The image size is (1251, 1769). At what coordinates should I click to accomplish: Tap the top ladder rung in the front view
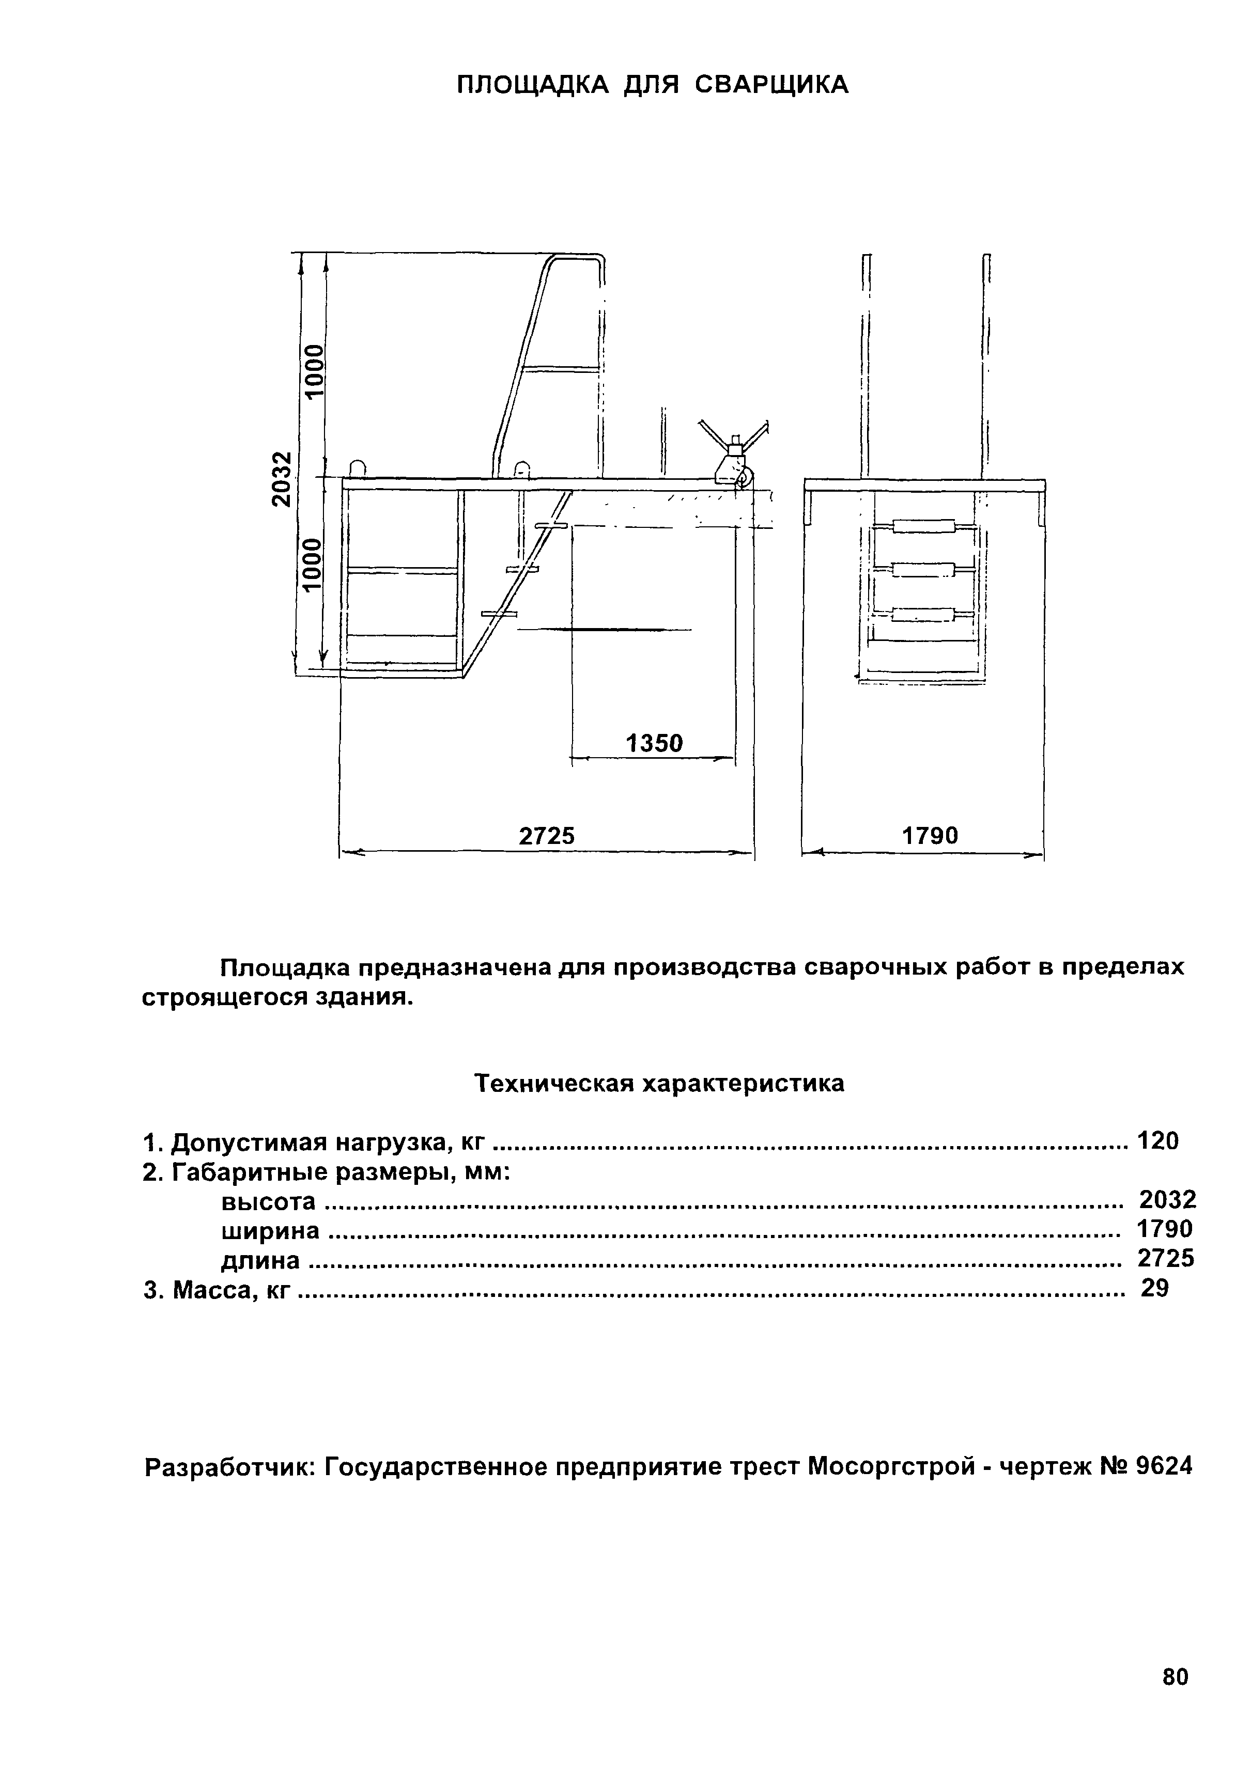(923, 527)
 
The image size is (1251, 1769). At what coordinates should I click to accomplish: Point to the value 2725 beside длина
(1165, 1259)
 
